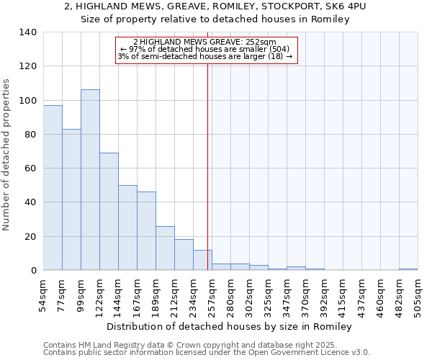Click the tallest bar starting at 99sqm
[x=90, y=180]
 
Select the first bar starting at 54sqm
[x=53, y=187]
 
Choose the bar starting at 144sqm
[x=127, y=228]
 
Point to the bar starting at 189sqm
[x=165, y=248]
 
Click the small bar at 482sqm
[x=408, y=269]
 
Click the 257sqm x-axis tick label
[x=212, y=293]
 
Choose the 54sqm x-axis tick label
[x=43, y=293]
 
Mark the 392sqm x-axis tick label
[x=324, y=293]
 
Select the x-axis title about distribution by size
[x=233, y=326]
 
